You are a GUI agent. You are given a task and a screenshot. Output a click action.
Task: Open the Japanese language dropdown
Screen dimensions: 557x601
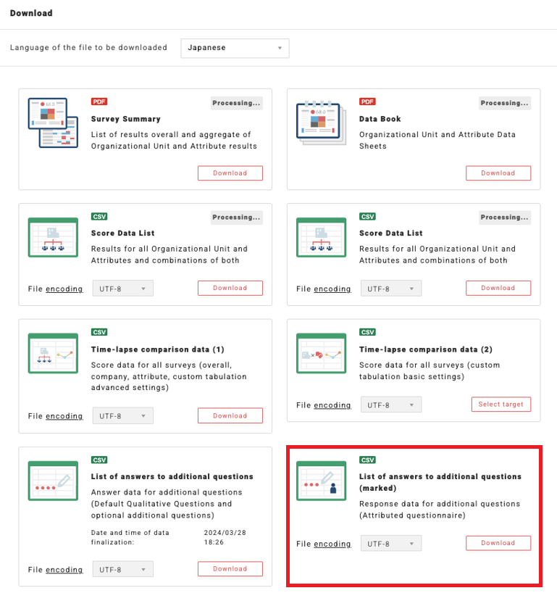(235, 48)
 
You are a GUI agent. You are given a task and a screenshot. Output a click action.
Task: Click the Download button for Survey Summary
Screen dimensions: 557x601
(230, 173)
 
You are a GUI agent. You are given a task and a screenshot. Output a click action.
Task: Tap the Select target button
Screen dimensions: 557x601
(501, 405)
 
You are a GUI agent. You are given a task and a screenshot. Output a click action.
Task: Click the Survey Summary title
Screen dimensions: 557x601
(125, 119)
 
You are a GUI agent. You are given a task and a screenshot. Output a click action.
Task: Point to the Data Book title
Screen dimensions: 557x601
(380, 119)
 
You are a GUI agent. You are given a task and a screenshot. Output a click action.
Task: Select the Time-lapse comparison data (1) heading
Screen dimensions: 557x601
(157, 349)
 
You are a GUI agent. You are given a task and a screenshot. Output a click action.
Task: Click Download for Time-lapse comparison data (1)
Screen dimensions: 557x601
(230, 415)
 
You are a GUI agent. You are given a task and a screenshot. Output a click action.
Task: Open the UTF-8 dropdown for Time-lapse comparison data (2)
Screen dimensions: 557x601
(391, 405)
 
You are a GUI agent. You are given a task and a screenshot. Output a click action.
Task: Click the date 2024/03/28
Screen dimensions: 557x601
(225, 532)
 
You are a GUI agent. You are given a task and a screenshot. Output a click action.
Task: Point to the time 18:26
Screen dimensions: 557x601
(214, 542)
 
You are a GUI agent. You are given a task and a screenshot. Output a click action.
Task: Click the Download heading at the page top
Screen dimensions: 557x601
(31, 13)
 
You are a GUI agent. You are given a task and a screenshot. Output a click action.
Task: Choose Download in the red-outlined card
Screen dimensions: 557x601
(498, 543)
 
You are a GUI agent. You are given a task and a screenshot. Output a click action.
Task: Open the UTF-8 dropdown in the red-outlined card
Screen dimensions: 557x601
(391, 544)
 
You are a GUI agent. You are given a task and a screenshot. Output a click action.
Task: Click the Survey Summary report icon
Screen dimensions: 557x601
(53, 123)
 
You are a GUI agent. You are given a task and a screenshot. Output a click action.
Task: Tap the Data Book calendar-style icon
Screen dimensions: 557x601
(321, 123)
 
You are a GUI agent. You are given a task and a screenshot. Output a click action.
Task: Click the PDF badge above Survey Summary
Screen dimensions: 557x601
(99, 101)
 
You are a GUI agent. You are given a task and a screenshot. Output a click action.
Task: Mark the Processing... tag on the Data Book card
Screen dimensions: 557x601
(505, 103)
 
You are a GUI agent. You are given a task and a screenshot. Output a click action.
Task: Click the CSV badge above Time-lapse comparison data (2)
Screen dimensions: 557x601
(367, 332)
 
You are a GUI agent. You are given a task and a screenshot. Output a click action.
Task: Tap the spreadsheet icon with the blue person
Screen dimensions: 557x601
(321, 481)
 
